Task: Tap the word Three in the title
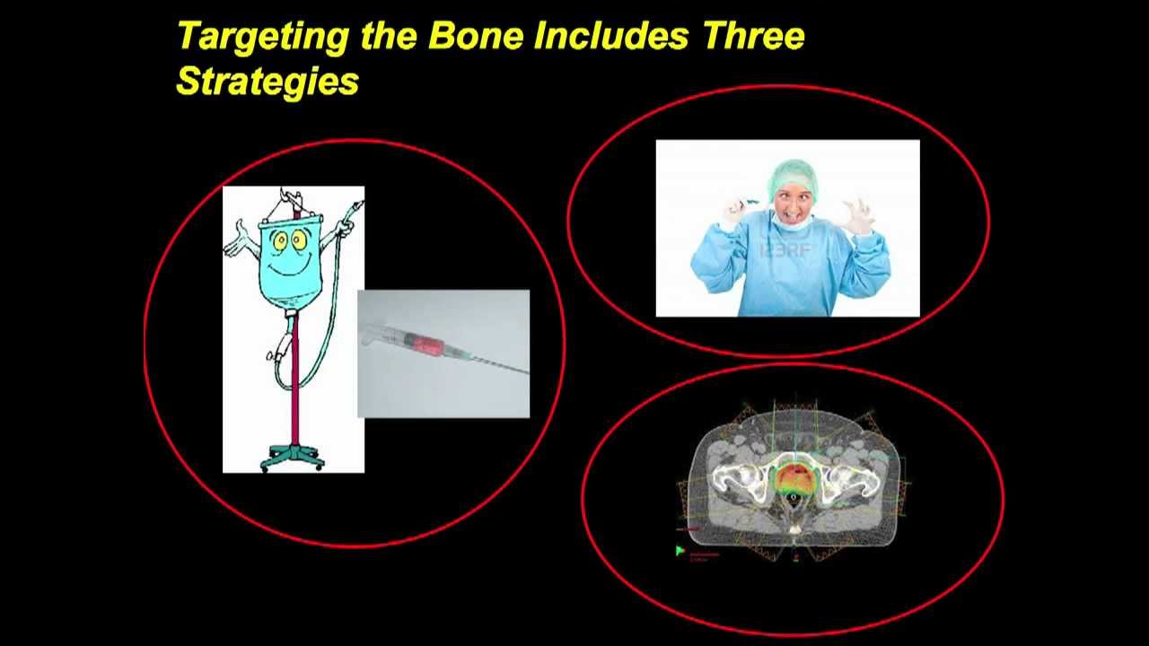(x=754, y=37)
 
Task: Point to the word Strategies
(x=268, y=82)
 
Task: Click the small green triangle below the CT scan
(x=680, y=550)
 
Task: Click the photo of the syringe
(x=443, y=353)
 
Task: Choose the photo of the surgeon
(x=787, y=228)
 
